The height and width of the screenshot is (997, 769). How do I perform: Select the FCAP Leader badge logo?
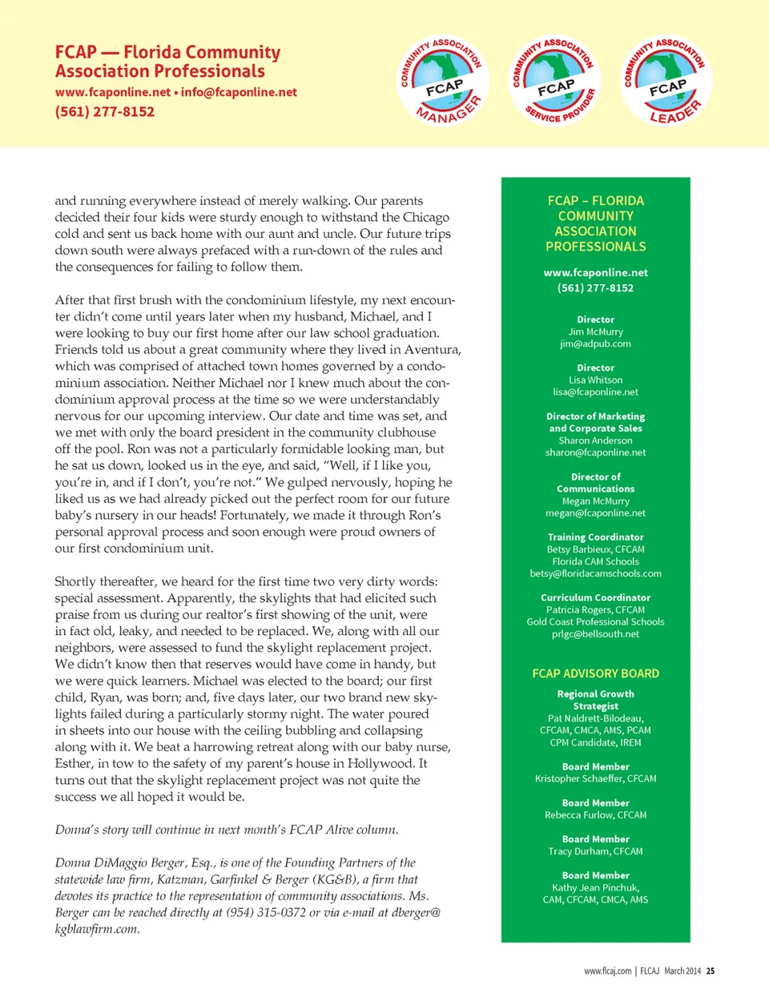(666, 82)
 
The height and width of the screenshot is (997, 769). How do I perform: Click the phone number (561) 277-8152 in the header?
(105, 111)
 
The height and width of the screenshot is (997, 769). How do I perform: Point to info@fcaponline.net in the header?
(239, 92)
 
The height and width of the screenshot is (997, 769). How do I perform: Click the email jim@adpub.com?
(595, 344)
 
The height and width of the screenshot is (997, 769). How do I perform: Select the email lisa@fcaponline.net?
(595, 392)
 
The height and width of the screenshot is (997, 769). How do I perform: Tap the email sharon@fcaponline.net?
(595, 452)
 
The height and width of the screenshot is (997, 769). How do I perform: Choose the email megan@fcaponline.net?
(595, 513)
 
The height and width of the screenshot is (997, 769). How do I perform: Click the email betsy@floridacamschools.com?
(595, 573)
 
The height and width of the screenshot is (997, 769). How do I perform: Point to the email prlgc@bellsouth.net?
(595, 634)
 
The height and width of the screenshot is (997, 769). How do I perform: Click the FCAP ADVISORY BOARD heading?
(595, 673)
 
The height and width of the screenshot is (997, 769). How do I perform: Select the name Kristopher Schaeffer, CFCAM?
(595, 778)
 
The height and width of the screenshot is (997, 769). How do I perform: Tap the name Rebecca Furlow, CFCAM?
(595, 815)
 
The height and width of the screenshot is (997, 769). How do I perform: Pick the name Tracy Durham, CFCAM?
(595, 851)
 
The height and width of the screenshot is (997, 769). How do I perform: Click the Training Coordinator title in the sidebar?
(595, 537)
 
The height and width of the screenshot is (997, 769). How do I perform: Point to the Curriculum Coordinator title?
(595, 597)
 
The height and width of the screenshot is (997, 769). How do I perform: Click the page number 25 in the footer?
(711, 971)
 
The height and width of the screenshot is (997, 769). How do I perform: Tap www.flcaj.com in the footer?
(607, 971)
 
